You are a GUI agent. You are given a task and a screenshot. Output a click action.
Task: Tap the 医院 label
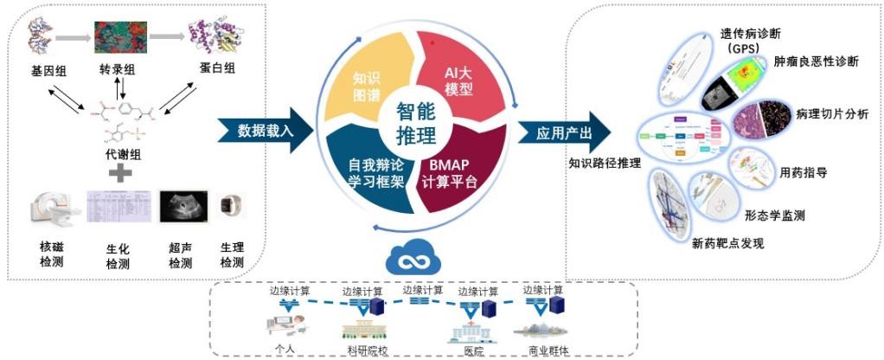tap(472, 350)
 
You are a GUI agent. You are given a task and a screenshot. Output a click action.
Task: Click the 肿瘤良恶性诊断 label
tap(817, 62)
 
